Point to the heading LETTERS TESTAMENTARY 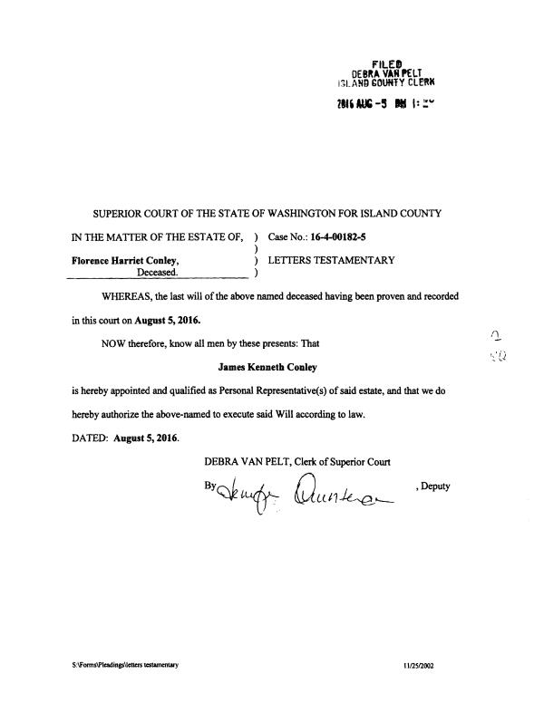pyautogui.click(x=332, y=260)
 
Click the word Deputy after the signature pyautogui.click(x=433, y=486)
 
